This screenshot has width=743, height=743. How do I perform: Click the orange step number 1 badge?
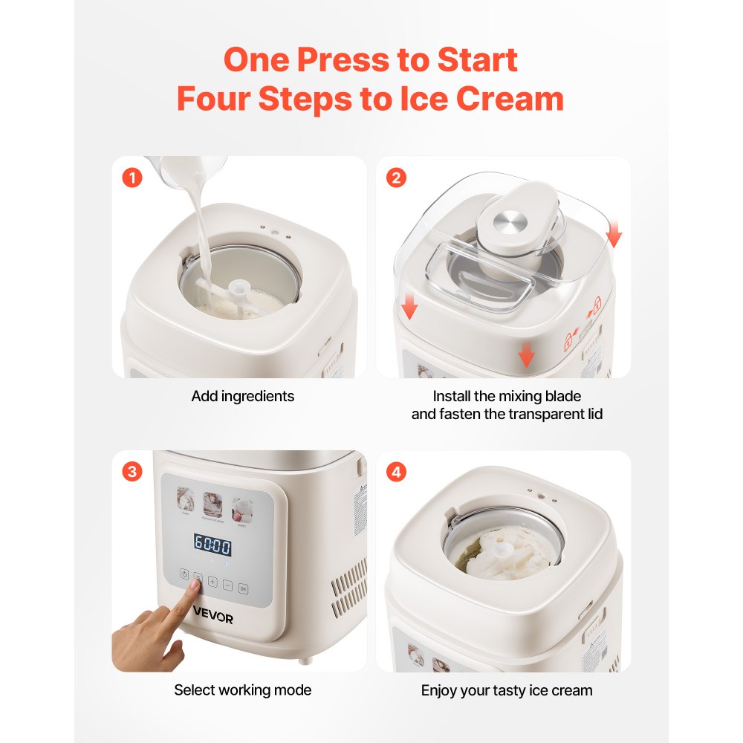pyautogui.click(x=132, y=178)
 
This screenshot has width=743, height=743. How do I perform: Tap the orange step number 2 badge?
pyautogui.click(x=397, y=178)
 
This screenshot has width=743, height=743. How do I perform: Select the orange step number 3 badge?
pyautogui.click(x=132, y=472)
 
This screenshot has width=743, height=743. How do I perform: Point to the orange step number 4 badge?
pyautogui.click(x=397, y=472)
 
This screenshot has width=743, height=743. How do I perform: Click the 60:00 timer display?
pyautogui.click(x=212, y=545)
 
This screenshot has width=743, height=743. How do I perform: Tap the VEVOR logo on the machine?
pyautogui.click(x=213, y=618)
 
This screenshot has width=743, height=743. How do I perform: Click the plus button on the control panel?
pyautogui.click(x=212, y=583)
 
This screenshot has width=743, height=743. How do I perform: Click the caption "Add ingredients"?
pyautogui.click(x=242, y=396)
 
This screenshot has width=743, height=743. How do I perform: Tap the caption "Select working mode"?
pyautogui.click(x=242, y=690)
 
